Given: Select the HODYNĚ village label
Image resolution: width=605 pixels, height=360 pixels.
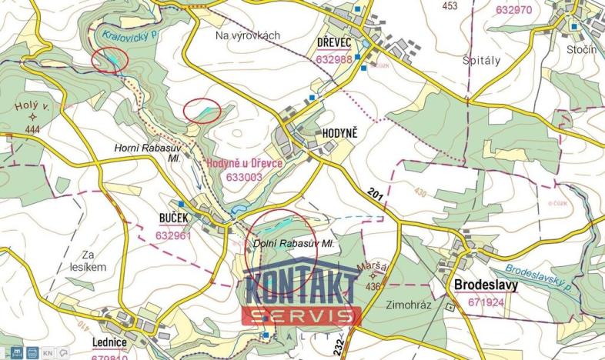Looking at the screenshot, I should (338, 133).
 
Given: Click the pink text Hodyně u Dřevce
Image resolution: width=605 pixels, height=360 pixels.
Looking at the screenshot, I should (245, 163).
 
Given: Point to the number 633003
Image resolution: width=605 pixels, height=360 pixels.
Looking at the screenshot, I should (245, 176).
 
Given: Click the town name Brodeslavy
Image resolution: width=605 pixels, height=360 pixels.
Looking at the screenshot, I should (486, 285).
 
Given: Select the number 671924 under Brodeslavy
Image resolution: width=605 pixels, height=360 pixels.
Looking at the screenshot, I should (486, 302).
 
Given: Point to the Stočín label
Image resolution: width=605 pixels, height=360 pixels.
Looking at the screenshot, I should (581, 50).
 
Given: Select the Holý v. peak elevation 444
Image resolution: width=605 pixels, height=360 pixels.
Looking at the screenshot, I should (32, 130).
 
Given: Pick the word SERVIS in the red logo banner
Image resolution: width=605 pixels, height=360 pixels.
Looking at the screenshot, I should (302, 315).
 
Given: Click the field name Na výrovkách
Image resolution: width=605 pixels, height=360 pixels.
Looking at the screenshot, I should (248, 35).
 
